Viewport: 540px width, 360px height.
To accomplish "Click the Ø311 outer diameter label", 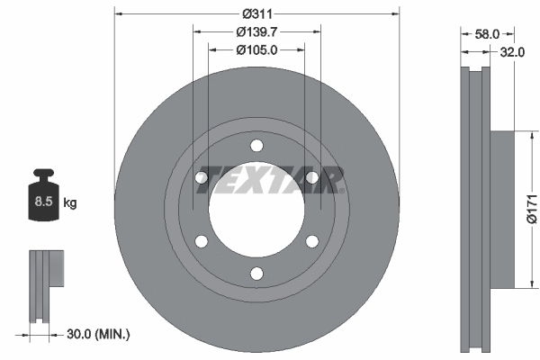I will pos(256,13).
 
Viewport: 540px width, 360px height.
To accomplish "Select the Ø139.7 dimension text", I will pos(256,32).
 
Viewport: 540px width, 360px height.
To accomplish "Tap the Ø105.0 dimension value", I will pos(256,50).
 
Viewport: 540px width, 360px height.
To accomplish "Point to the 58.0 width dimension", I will pos(487,33).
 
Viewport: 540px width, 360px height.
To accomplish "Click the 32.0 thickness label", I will pos(512,52).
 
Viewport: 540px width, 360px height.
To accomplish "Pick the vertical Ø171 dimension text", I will pos(531,210).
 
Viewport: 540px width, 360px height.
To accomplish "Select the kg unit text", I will pos(69,203).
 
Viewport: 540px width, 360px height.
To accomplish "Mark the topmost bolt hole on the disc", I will pos(256,146).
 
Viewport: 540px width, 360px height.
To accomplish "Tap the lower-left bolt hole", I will pos(202,240).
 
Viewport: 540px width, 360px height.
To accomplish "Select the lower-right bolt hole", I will pos(311,240).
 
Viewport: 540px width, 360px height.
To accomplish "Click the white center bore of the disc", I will pos(256,216).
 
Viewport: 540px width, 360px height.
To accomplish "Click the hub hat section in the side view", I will pos(505,209).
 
